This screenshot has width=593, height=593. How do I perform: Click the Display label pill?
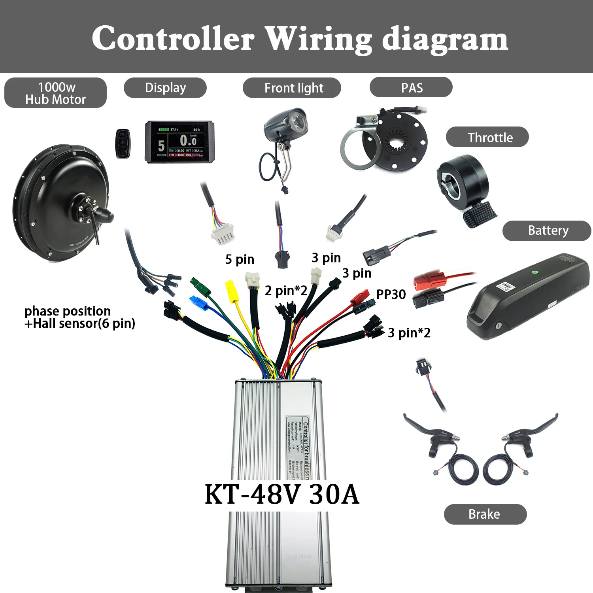coord(165,88)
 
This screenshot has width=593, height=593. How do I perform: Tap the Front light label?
coord(292,88)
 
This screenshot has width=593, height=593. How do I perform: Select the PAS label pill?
coord(411,88)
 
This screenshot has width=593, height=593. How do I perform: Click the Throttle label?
coord(487,137)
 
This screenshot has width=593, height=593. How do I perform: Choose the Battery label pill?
coord(547,230)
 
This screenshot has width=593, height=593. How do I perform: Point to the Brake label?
coord(485,514)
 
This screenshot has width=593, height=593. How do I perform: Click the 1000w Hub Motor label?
coord(55,93)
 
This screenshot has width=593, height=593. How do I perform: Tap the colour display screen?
coord(180,142)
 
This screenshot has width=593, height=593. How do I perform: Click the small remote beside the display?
coord(123,143)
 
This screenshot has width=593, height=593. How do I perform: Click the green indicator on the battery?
coord(535,272)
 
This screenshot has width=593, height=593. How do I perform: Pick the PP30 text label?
coord(391,295)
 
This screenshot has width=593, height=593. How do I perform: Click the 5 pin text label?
coord(240,259)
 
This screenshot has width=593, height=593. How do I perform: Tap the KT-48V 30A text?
coord(282,495)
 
